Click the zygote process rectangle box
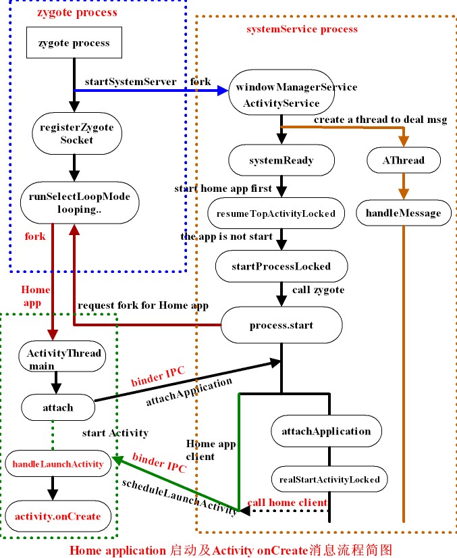click(74, 43)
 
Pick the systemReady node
click(281, 161)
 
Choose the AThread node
click(404, 161)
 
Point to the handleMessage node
click(403, 213)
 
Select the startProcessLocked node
click(281, 265)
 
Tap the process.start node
click(281, 325)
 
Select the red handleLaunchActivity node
click(59, 464)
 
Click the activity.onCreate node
click(59, 516)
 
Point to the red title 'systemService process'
click(302, 29)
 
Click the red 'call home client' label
click(287, 502)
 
